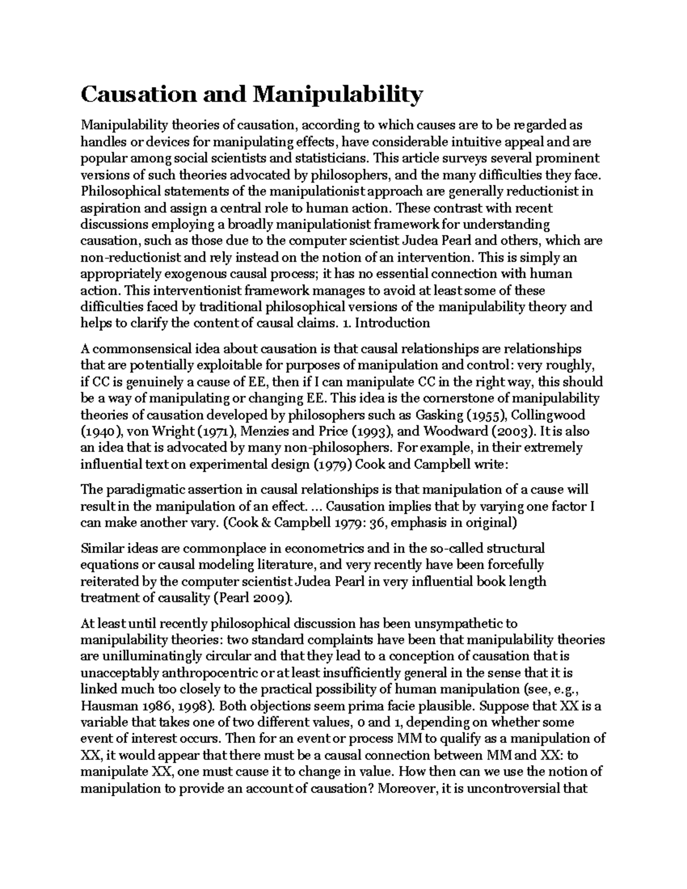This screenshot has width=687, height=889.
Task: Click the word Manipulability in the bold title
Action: [x=337, y=94]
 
